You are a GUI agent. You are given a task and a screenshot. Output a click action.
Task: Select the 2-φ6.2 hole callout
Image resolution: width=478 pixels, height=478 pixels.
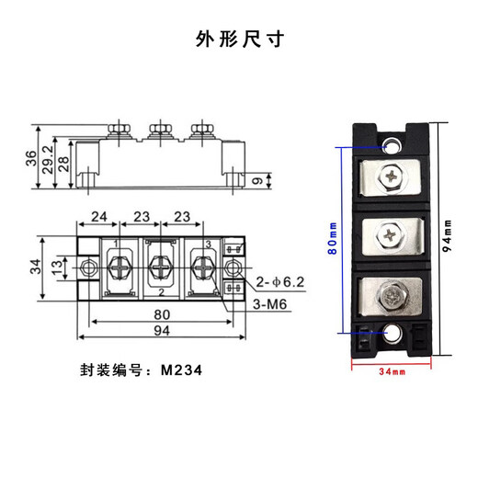(279, 281)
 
